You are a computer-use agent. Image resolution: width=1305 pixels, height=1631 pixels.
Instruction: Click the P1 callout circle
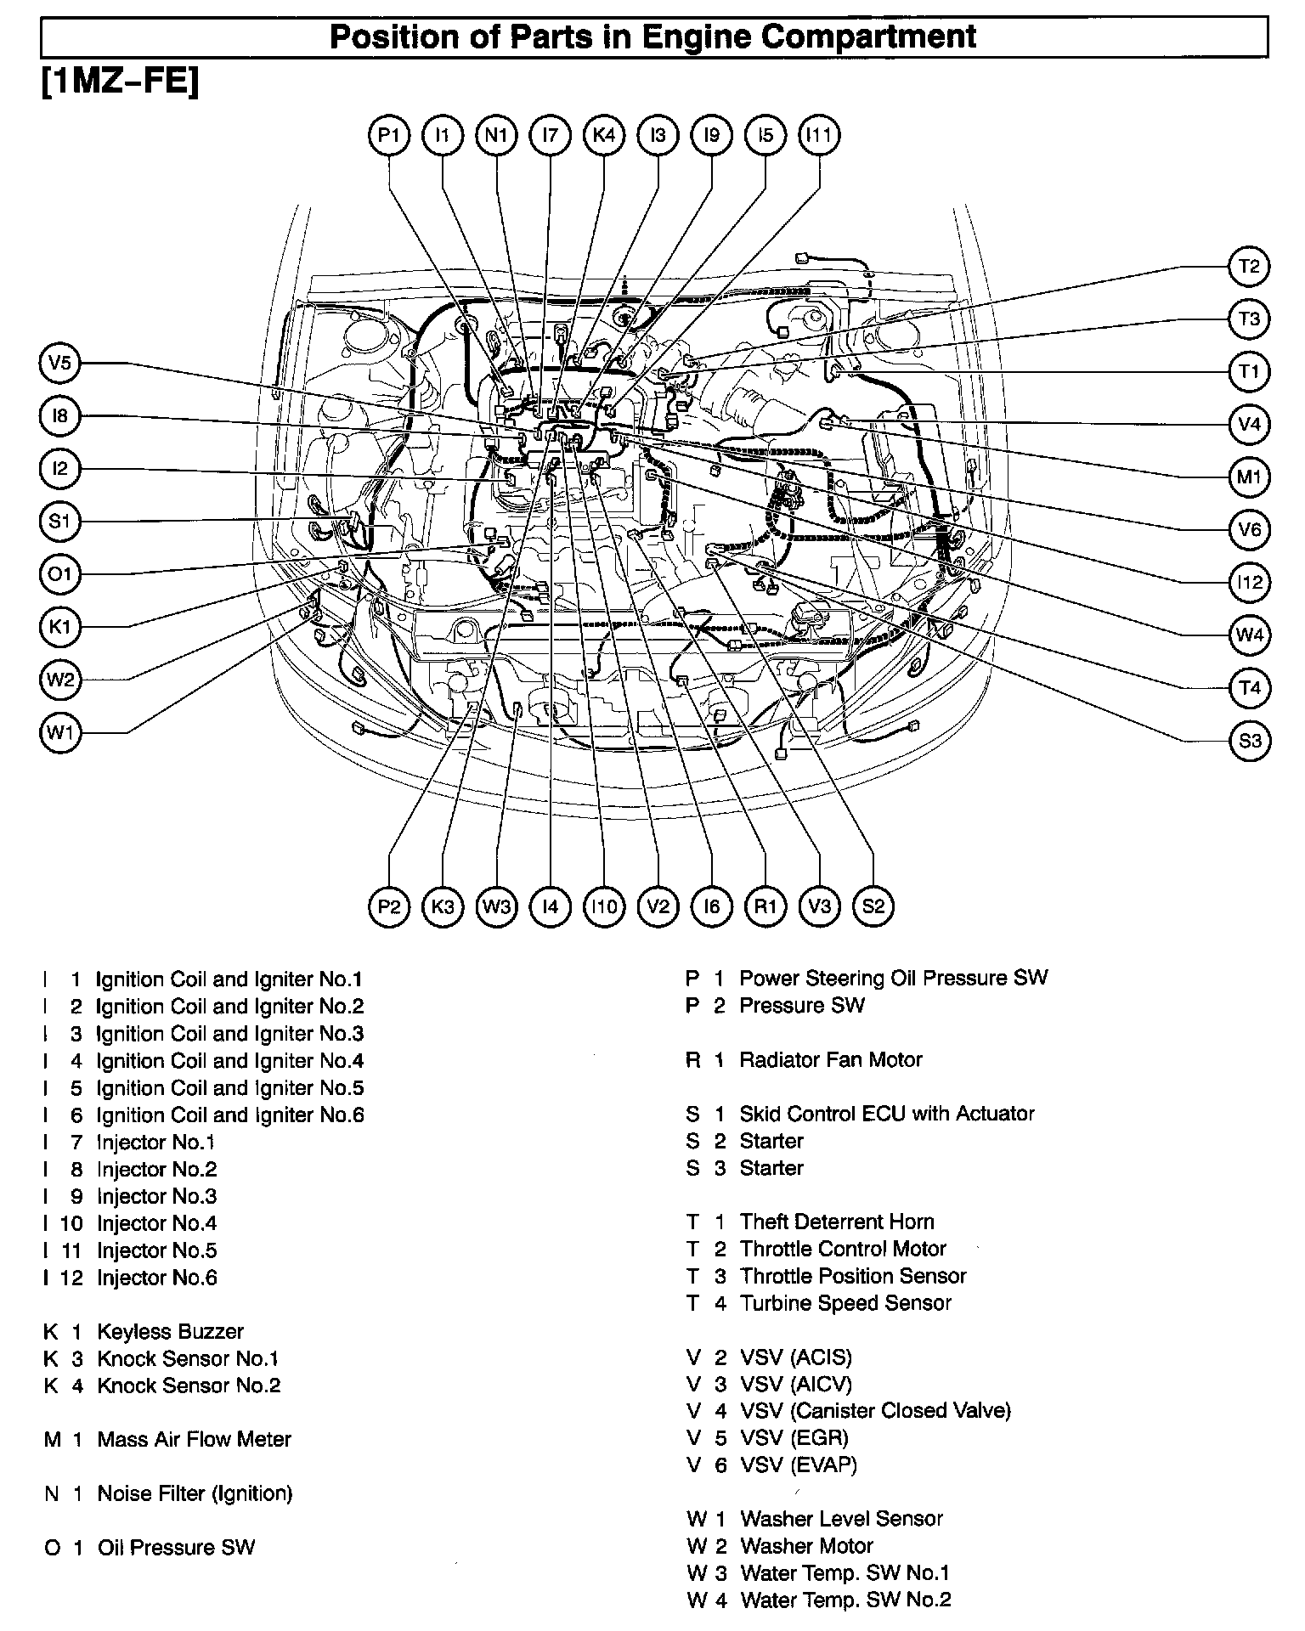tap(389, 136)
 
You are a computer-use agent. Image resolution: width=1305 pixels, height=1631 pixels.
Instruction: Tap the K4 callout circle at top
tap(604, 136)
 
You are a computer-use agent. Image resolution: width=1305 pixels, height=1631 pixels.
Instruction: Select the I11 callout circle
tap(820, 136)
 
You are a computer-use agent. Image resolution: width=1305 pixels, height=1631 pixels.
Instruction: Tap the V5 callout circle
tap(59, 364)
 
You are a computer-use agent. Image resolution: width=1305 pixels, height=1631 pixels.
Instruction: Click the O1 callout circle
tap(59, 575)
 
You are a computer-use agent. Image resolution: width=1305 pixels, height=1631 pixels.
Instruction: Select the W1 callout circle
tap(59, 732)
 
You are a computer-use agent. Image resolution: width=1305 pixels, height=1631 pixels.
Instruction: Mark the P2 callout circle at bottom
tap(389, 906)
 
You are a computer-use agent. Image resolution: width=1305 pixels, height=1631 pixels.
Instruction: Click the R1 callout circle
tap(765, 906)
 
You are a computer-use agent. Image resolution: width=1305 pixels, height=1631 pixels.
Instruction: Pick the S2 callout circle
tap(873, 906)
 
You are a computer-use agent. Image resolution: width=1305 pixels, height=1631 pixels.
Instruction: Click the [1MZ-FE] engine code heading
tap(120, 84)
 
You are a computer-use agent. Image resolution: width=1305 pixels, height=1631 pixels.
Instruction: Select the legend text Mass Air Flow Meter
tap(194, 1440)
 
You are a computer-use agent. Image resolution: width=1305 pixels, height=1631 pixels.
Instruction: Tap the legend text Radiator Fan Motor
tap(830, 1060)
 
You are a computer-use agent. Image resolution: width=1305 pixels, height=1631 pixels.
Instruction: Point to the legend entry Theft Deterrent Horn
tap(836, 1222)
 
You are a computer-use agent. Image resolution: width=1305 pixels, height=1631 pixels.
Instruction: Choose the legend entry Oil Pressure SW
tap(176, 1548)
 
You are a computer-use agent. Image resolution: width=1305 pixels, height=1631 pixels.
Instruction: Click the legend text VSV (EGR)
tap(794, 1438)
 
